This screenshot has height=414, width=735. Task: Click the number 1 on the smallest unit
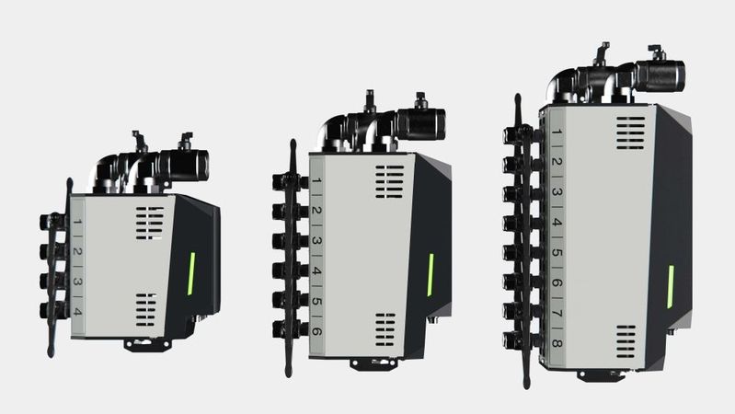point(78,222)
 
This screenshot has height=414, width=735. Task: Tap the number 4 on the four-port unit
point(78,312)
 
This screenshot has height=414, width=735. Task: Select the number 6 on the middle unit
point(316,331)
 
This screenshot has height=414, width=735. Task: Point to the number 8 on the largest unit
point(557,343)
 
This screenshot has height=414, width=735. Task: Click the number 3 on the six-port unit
point(316,240)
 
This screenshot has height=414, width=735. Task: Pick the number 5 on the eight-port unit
point(557,252)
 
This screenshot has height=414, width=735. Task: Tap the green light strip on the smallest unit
point(191,274)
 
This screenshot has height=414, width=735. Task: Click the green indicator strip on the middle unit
point(431,275)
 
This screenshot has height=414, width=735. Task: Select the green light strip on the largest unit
point(671,286)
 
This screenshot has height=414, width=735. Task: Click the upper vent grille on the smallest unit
point(150,224)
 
